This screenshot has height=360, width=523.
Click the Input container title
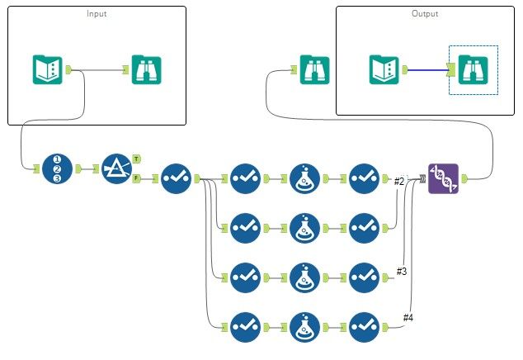click(x=97, y=14)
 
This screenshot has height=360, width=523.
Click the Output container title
click(x=425, y=14)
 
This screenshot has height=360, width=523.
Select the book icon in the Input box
click(x=48, y=69)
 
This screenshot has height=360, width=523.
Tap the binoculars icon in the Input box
click(x=147, y=69)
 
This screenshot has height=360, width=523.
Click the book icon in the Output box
click(x=385, y=69)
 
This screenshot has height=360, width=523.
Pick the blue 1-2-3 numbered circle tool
click(x=58, y=168)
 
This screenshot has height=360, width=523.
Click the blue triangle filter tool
click(x=116, y=168)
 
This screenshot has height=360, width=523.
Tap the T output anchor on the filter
click(x=135, y=158)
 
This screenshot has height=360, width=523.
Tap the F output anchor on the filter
click(x=135, y=178)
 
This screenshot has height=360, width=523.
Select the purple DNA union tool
click(x=443, y=178)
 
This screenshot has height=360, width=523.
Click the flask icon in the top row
click(x=305, y=178)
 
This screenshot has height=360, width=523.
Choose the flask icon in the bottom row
click(x=305, y=327)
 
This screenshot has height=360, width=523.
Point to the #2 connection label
click(x=399, y=181)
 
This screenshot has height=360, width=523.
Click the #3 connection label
click(x=403, y=271)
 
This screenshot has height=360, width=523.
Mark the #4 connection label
click(x=408, y=317)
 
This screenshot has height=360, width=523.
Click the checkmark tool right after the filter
click(x=175, y=178)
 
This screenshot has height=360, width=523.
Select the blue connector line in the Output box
click(x=424, y=70)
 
